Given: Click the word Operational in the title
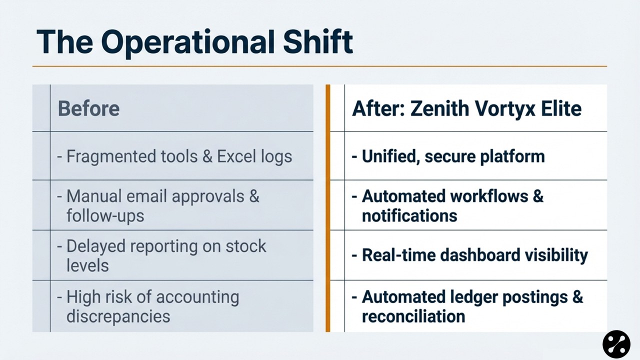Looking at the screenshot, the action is (x=187, y=43).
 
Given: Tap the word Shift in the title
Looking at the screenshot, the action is (x=318, y=41).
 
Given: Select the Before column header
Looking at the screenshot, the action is (x=88, y=108).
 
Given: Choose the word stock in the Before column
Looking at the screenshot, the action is (x=245, y=246).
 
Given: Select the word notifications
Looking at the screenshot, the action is (x=409, y=215).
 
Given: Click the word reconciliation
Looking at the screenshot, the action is (x=413, y=316).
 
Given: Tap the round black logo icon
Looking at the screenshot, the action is (x=616, y=344).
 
